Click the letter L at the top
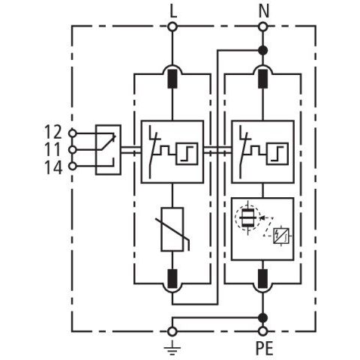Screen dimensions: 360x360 click(173, 11)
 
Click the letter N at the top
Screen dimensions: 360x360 click(264, 11)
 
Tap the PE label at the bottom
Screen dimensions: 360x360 click(265, 348)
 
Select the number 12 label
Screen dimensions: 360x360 click(53, 132)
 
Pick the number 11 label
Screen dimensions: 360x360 click(53, 149)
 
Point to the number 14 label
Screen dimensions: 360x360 click(53, 167)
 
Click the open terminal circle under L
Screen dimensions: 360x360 click(172, 26)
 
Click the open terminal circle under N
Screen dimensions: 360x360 click(262, 26)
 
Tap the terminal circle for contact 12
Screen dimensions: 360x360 click(73, 133)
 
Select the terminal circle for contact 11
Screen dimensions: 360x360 click(73, 150)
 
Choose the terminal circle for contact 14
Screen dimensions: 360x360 click(73, 166)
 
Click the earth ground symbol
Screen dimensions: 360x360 click(172, 349)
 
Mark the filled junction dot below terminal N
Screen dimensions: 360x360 click(262, 50)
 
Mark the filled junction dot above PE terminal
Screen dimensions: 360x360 click(262, 318)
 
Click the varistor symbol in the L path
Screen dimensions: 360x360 click(172, 229)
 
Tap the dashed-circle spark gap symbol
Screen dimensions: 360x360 click(247, 217)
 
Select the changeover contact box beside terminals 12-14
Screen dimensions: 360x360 click(109, 150)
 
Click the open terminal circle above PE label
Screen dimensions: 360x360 click(262, 331)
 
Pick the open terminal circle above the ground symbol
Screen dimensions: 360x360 click(172, 331)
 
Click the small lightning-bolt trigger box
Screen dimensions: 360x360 click(281, 235)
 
